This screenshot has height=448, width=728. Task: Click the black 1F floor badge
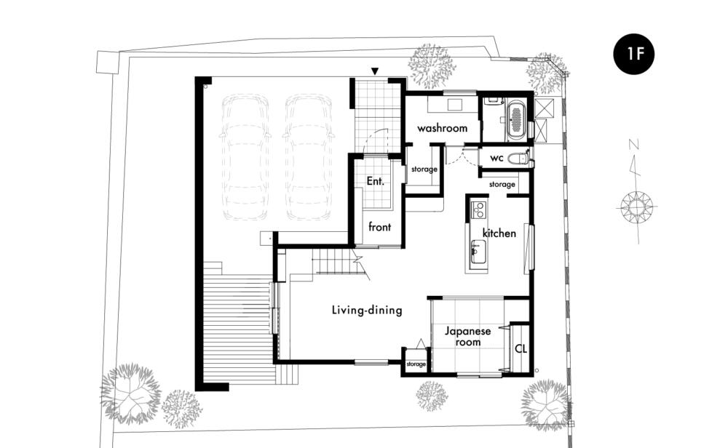(x=634, y=55)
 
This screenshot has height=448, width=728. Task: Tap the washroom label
(x=442, y=128)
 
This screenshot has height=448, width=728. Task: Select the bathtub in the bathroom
(x=516, y=121)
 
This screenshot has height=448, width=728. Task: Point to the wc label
(x=496, y=158)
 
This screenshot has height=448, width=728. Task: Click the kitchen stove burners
(x=478, y=209)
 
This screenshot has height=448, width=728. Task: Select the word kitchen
(x=499, y=233)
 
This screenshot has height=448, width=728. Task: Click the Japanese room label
(x=467, y=337)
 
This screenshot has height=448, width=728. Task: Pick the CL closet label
(x=521, y=348)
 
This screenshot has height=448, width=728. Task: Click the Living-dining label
(x=367, y=310)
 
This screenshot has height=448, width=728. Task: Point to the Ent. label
(x=375, y=181)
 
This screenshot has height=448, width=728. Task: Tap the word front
(x=380, y=227)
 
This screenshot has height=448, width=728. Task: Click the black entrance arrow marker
(x=375, y=71)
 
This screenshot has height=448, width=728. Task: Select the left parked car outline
(x=245, y=157)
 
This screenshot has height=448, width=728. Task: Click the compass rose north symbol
(x=636, y=206)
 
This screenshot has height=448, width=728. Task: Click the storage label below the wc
(x=502, y=185)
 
